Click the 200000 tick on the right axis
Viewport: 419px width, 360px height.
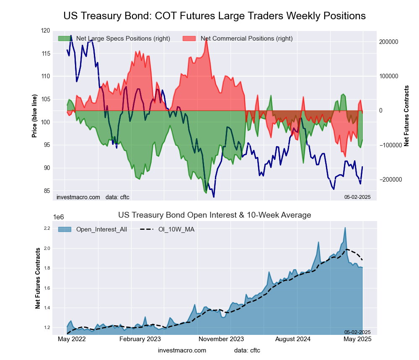[x=389, y=42]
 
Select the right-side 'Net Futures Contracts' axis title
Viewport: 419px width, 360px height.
[x=406, y=116]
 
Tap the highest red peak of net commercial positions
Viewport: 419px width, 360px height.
[x=206, y=39]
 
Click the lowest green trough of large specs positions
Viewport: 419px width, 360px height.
[x=206, y=193]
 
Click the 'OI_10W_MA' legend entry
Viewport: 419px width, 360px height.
[x=176, y=229]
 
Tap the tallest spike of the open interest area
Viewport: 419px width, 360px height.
[x=345, y=228]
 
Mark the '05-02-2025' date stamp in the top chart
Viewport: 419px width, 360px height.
[x=357, y=197]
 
